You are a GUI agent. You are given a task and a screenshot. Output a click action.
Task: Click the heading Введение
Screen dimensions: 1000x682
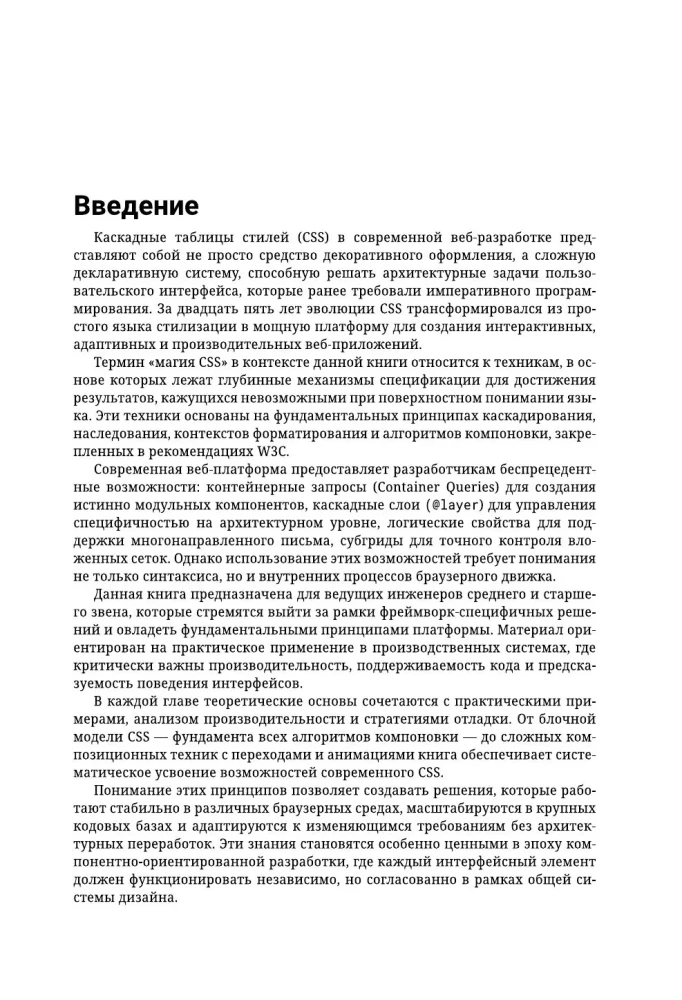coord(136,206)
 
